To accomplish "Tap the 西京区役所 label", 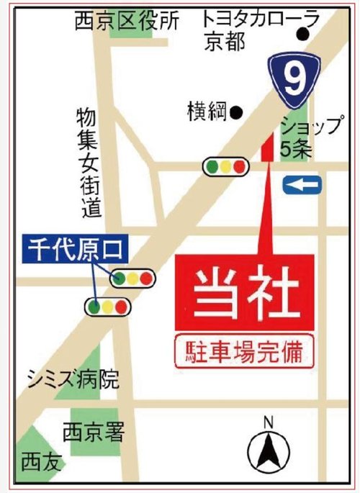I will tap(126, 22).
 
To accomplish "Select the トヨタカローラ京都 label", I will tap(250, 30).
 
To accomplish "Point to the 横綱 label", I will tap(206, 112).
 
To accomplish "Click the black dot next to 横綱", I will tap(235, 112).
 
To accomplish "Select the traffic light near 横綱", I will tap(225, 167).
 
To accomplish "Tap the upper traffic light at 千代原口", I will tap(132, 277).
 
